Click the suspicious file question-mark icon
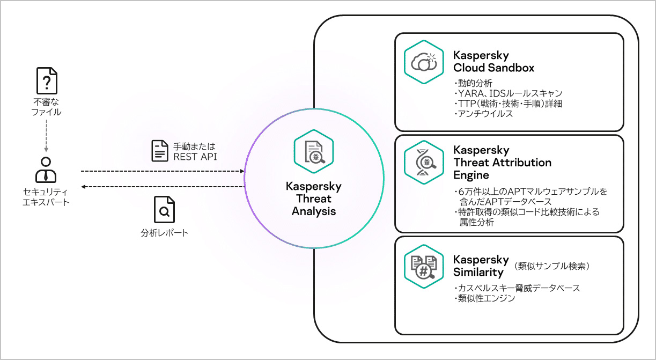47,81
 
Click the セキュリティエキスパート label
46,197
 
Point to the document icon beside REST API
159,151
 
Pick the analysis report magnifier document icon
164,210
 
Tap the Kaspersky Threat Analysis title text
313,199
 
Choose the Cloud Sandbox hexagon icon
423,62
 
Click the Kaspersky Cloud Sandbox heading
493,62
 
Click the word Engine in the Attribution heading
471,175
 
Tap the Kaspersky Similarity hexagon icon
423,266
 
